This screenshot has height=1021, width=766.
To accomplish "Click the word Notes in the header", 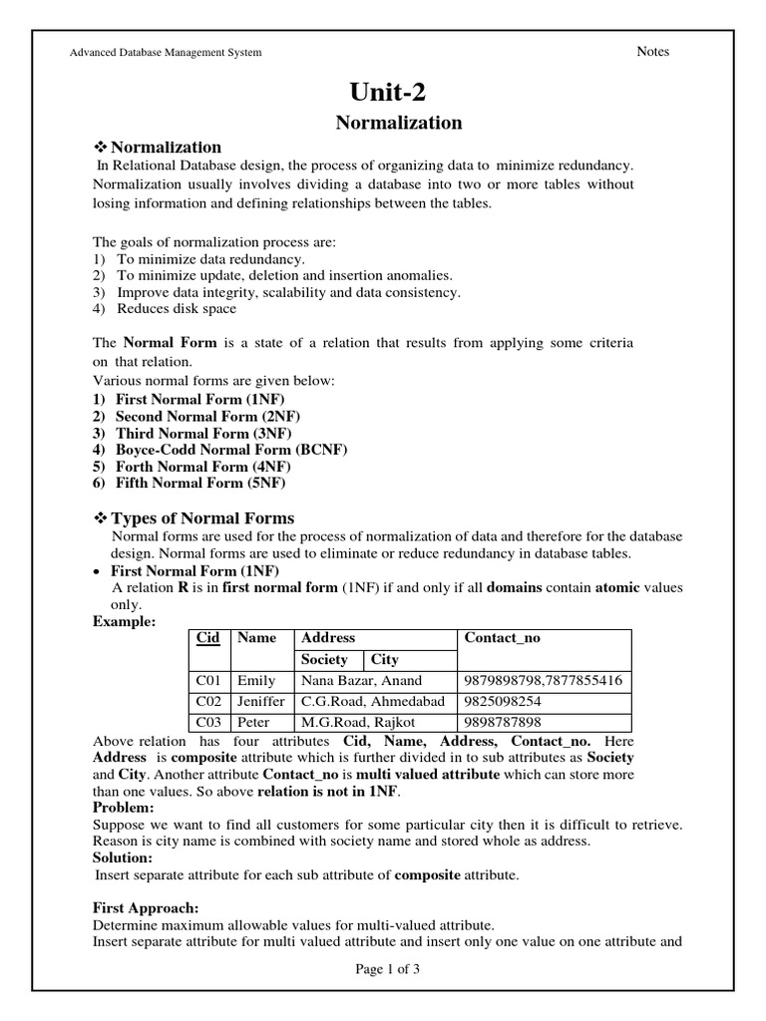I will (652, 52).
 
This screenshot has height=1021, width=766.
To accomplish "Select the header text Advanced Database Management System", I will (165, 53).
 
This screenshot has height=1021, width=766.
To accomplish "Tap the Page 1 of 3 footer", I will (387, 968).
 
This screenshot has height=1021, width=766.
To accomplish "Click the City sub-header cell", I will (385, 659).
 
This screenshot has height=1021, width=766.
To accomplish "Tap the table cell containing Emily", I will (255, 681).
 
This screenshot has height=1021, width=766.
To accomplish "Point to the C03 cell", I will (209, 722).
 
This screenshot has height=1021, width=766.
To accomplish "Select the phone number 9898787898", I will (503, 722).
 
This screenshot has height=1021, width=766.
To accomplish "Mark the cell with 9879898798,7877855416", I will (544, 681).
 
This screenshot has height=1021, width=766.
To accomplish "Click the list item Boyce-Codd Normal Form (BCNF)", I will (230, 450).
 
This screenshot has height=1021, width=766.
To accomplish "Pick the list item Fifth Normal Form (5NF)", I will (199, 483).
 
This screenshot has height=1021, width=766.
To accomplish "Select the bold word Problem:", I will (124, 806).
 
